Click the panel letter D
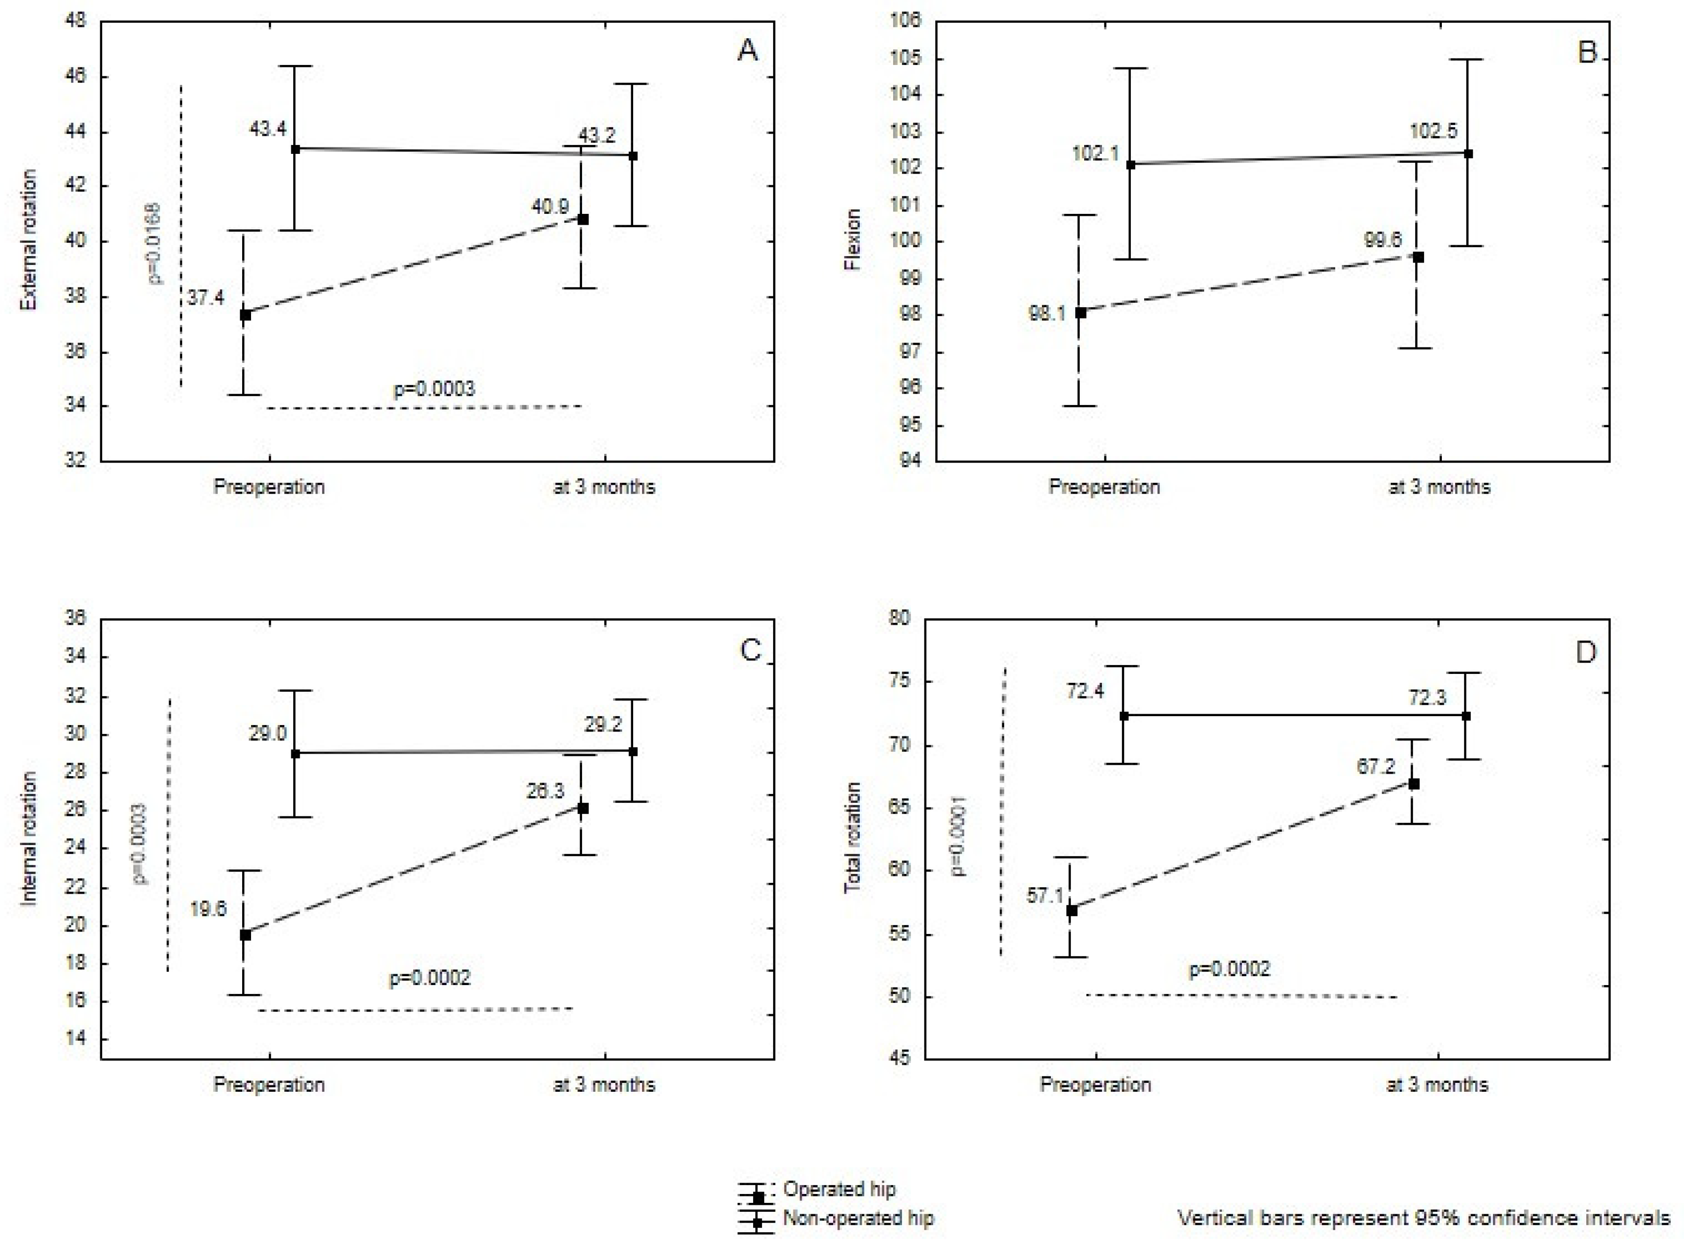point(1585,652)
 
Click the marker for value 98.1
point(1080,312)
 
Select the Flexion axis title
point(852,240)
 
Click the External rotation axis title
point(28,240)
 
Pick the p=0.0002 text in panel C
point(430,978)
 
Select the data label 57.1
point(1045,896)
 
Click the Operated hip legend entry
point(840,1189)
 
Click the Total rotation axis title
point(852,838)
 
